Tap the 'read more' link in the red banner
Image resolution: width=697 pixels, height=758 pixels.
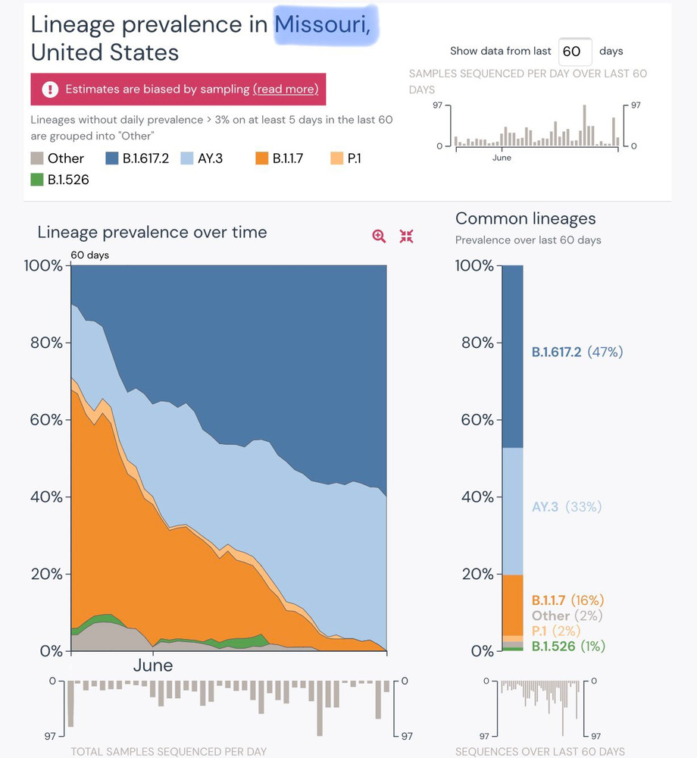(x=286, y=89)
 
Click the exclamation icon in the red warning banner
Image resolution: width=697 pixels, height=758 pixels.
(x=50, y=89)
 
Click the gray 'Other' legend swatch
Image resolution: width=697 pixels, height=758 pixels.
(x=36, y=158)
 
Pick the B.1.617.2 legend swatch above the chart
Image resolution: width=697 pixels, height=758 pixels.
(x=111, y=158)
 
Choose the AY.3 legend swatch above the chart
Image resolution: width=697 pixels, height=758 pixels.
(x=186, y=158)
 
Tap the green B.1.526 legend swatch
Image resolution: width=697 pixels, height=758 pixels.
(x=36, y=180)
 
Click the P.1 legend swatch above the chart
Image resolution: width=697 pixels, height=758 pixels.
(x=336, y=158)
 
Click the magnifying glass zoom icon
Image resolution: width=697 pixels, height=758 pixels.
(x=379, y=236)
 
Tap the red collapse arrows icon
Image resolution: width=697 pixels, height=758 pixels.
(x=407, y=236)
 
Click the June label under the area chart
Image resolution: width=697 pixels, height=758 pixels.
(x=153, y=666)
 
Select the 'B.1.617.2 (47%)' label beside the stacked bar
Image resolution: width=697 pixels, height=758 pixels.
(x=577, y=352)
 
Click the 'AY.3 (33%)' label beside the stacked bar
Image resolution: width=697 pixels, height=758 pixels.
(x=566, y=506)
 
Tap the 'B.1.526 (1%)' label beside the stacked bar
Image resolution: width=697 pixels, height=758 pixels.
(x=569, y=647)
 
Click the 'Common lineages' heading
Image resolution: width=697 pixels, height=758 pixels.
(x=526, y=219)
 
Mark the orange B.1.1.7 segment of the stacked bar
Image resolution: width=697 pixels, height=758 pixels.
(x=512, y=605)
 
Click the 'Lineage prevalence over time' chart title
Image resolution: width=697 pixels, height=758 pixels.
(x=152, y=232)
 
